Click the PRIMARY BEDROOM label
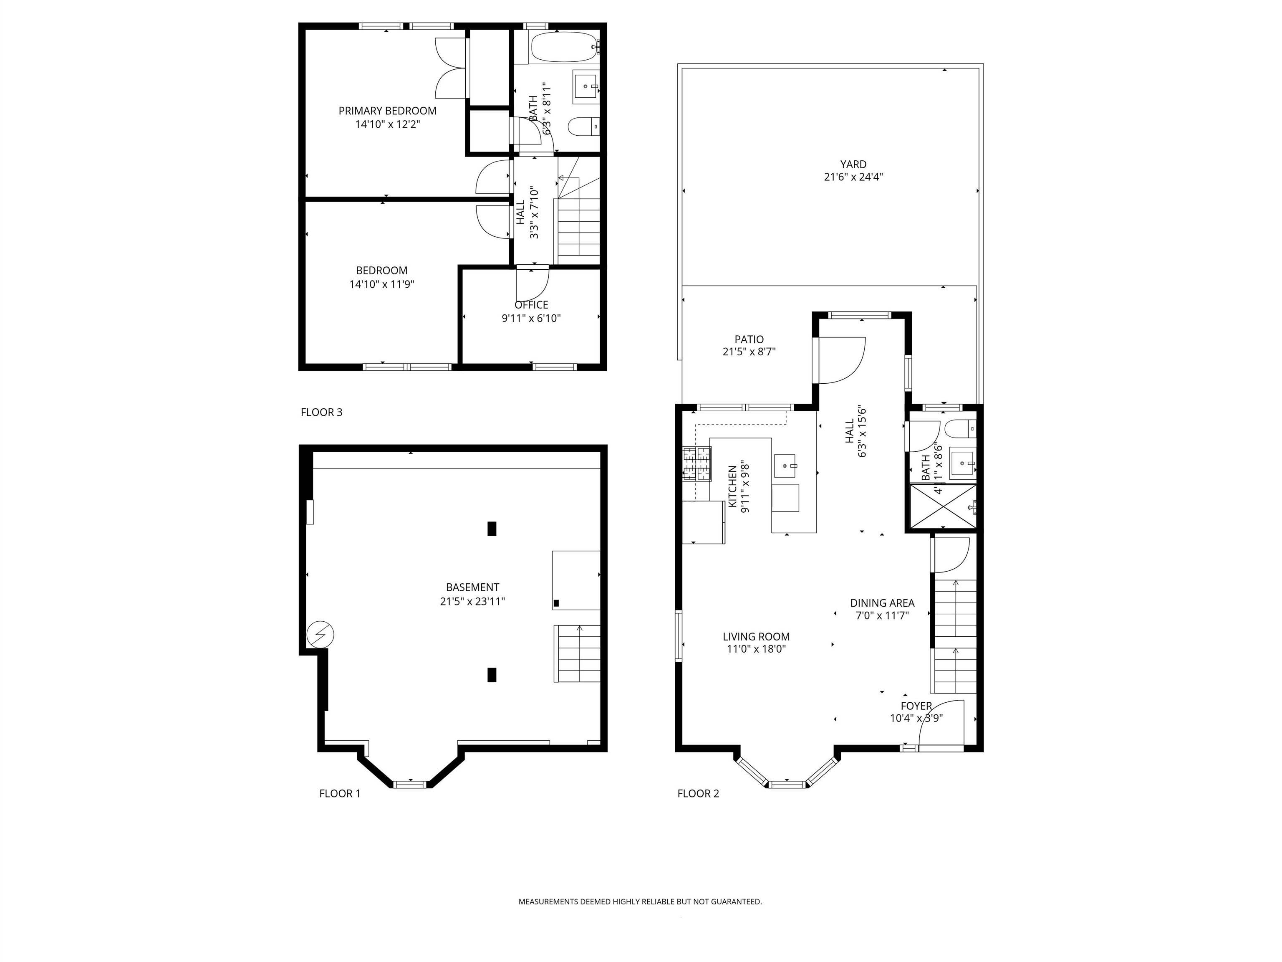coord(387,111)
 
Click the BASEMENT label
coord(472,587)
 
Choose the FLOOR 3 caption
coord(322,412)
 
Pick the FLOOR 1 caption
coord(340,793)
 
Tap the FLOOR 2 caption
coord(698,793)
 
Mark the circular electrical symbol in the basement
coord(320,635)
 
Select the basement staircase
coord(577,653)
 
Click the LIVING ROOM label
coord(756,637)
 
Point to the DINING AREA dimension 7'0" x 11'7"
coord(882,616)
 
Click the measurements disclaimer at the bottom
coord(640,902)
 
